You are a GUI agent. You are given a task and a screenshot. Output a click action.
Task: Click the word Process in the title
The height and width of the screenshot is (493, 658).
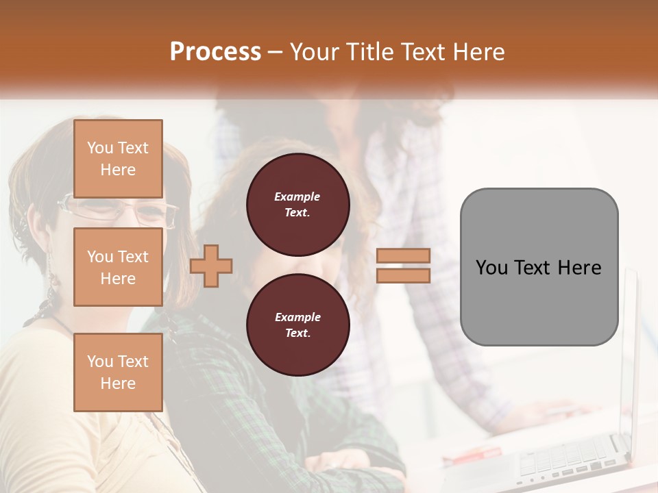click(x=215, y=51)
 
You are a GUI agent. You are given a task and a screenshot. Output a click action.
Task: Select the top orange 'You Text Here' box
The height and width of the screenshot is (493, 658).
click(x=118, y=159)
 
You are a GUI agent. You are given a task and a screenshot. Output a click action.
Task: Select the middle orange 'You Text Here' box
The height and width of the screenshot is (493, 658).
click(x=118, y=267)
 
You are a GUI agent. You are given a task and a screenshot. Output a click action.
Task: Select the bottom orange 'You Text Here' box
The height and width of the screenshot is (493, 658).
click(x=118, y=372)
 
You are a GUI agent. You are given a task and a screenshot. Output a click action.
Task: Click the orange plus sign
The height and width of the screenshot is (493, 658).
click(x=211, y=265)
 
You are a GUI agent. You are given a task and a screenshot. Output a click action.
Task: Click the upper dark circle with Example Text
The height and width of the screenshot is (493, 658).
click(x=297, y=204)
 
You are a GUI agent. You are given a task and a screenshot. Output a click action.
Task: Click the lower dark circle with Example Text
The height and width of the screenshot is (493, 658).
click(x=297, y=325)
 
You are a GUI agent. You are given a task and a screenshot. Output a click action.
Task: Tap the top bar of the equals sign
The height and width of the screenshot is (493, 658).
click(x=403, y=255)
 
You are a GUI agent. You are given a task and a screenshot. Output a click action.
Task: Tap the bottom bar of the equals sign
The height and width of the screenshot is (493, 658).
click(x=403, y=276)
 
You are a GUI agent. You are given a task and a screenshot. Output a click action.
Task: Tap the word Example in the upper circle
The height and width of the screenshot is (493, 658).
click(x=297, y=197)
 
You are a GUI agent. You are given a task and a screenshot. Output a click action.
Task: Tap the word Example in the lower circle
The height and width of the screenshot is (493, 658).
click(x=297, y=317)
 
